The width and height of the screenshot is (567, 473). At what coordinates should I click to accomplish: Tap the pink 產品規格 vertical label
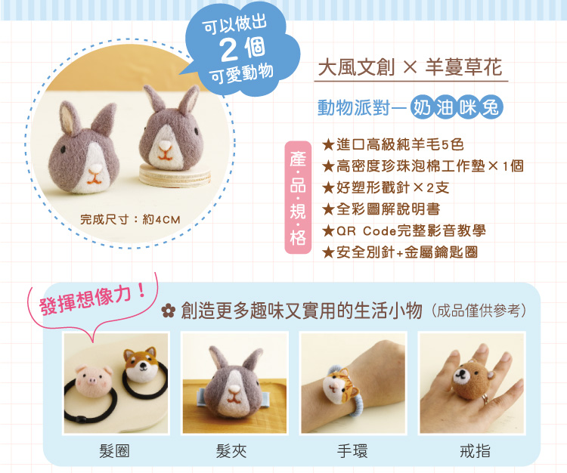pos(298,197)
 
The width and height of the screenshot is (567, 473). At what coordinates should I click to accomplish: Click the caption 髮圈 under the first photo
pos(114,451)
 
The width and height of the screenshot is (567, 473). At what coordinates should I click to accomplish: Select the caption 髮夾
pos(231,451)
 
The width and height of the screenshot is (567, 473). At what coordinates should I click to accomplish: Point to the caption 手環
pos(352,451)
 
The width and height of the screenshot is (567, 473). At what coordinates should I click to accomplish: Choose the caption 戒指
pos(476,451)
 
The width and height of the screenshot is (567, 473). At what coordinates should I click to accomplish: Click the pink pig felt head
pos(94,381)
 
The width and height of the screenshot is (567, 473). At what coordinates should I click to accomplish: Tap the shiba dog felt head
pos(141,364)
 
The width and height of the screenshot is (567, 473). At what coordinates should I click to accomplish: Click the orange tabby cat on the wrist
pos(340,388)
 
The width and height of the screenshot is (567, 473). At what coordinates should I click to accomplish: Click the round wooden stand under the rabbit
pos(175,175)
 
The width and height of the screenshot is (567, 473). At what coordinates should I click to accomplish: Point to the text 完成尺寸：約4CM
pos(130,219)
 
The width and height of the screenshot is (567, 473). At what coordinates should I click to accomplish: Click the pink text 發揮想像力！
pos(92,299)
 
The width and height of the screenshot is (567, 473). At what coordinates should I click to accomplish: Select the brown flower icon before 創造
pos(169,311)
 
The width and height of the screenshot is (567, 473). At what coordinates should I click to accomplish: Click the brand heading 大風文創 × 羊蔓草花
pos(411,67)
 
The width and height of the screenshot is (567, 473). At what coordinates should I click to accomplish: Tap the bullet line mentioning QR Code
pos(404,231)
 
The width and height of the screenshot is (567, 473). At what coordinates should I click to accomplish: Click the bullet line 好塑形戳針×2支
pos(386,188)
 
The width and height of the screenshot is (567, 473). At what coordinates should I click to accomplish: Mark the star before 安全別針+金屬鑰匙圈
pos(328,252)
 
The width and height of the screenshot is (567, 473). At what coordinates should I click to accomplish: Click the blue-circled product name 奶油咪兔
pos(457,108)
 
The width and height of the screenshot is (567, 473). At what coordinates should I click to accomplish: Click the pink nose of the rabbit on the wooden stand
pos(166,145)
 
